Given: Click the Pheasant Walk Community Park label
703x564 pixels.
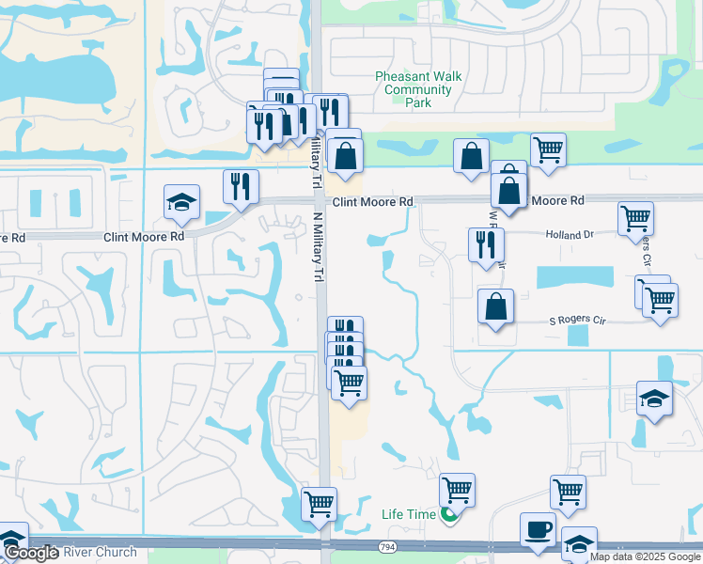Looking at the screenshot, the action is pyautogui.click(x=414, y=90).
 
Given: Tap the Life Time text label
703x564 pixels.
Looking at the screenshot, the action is pyautogui.click(x=409, y=514).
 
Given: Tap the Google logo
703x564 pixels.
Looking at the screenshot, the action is pyautogui.click(x=31, y=553).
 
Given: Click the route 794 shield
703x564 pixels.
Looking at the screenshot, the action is pyautogui.click(x=386, y=546).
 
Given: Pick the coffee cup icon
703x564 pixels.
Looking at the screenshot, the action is pyautogui.click(x=539, y=529).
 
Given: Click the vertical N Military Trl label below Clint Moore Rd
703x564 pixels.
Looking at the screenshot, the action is pyautogui.click(x=317, y=243).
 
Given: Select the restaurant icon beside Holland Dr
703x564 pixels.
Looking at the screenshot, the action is pyautogui.click(x=486, y=244).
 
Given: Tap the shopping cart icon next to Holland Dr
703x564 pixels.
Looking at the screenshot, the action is pyautogui.click(x=636, y=218).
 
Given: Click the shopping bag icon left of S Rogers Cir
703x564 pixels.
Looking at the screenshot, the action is pyautogui.click(x=495, y=306).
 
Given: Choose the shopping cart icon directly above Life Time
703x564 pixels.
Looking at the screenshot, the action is pyautogui.click(x=457, y=489).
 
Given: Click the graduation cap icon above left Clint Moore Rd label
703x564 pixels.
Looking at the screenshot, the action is pyautogui.click(x=181, y=201).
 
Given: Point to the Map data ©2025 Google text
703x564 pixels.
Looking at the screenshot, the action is pyautogui.click(x=646, y=556).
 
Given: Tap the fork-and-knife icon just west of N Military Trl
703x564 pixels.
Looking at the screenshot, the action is pyautogui.click(x=242, y=185).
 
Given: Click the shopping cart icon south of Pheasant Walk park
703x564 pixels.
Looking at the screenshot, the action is pyautogui.click(x=548, y=149).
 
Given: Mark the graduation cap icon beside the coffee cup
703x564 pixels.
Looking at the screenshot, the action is pyautogui.click(x=579, y=543).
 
